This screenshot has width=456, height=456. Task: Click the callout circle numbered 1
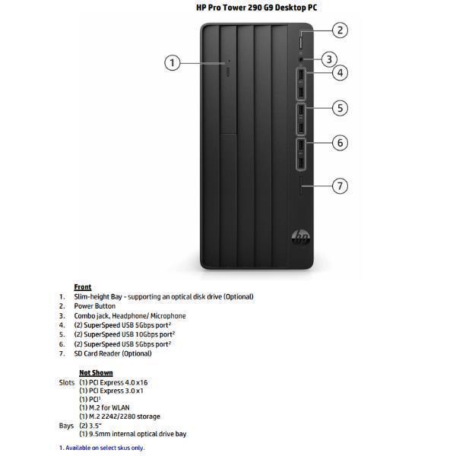(173, 62)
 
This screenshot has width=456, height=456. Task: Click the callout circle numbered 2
(340, 30)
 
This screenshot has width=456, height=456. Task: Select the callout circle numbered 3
(328, 59)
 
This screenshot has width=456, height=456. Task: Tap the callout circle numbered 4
(340, 73)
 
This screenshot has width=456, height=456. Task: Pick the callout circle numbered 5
(340, 108)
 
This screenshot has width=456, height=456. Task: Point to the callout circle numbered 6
(340, 142)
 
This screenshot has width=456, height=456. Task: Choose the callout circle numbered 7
(340, 185)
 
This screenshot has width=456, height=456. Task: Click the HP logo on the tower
(300, 238)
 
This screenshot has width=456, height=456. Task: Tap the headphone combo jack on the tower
(302, 58)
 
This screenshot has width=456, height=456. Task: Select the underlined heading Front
(83, 287)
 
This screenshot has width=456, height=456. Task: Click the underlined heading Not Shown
(96, 373)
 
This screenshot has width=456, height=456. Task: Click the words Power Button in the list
(95, 306)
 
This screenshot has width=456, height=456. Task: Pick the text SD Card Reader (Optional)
(112, 353)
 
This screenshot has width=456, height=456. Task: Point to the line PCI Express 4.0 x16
(114, 382)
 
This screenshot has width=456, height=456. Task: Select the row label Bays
(66, 426)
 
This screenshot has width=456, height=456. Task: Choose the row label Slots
(67, 382)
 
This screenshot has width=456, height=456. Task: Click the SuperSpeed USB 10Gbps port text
(125, 334)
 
